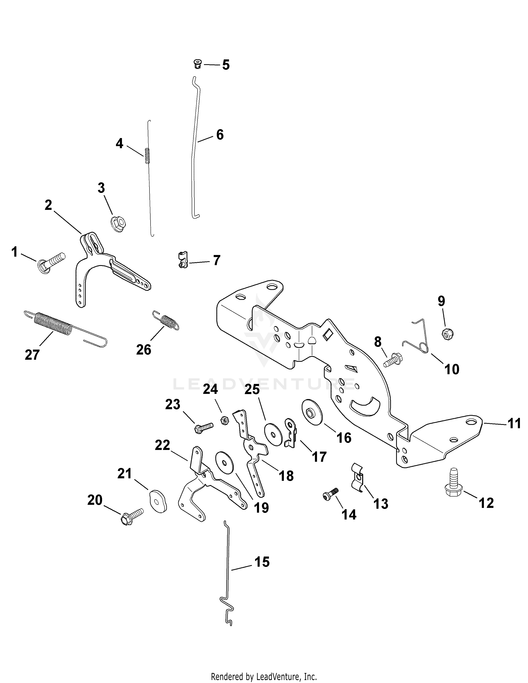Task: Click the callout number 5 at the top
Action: click(226, 65)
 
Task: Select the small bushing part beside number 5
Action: click(197, 64)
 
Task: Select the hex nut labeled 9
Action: click(447, 334)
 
